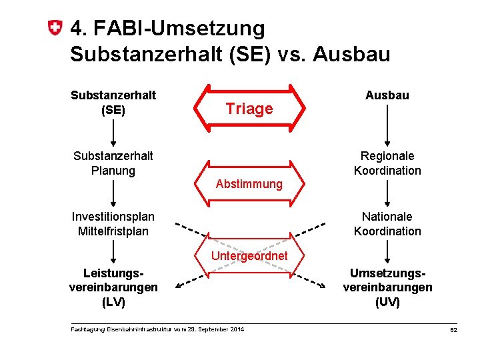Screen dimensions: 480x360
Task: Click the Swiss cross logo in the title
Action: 57,29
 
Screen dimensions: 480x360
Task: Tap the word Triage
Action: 249,109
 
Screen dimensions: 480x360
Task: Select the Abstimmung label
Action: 249,183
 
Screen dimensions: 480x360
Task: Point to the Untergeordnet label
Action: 249,256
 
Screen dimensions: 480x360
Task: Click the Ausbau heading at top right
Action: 387,95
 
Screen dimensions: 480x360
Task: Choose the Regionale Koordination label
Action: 387,163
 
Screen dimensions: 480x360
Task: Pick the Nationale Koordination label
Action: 387,224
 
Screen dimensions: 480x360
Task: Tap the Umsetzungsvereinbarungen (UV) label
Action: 387,287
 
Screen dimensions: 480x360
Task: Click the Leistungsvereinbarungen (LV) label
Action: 113,287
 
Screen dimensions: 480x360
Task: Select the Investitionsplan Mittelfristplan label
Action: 113,224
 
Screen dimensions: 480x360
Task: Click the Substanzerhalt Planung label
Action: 113,163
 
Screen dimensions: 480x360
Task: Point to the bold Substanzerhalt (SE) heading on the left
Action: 113,102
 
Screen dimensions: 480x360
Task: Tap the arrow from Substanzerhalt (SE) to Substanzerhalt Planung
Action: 113,132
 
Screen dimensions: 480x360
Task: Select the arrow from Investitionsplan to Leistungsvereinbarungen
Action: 113,253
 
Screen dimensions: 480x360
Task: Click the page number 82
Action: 453,330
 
